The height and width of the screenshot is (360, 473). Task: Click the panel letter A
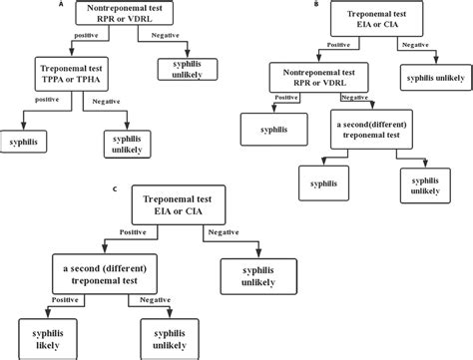tap(64, 5)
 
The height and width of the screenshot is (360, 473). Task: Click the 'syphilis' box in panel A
tap(24, 142)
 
